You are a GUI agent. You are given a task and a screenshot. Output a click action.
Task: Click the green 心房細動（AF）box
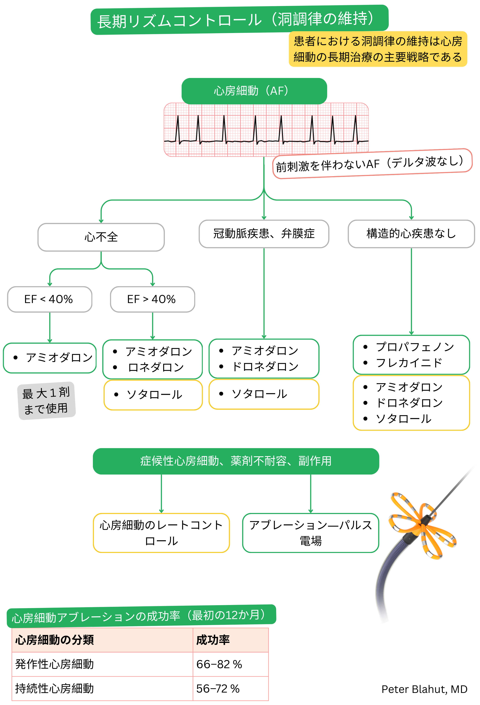pyautogui.click(x=254, y=91)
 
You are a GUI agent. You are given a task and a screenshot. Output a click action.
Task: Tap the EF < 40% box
pyautogui.click(x=50, y=299)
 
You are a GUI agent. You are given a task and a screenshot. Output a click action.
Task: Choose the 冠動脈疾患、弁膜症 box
pyautogui.click(x=264, y=234)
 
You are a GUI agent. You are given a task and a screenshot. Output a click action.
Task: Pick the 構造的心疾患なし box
pyautogui.click(x=411, y=234)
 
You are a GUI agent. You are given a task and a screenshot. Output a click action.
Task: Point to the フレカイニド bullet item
pyautogui.click(x=409, y=362)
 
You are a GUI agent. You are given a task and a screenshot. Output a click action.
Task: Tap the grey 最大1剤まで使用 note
pyautogui.click(x=46, y=401)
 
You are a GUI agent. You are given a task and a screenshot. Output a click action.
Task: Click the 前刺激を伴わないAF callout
pyautogui.click(x=372, y=164)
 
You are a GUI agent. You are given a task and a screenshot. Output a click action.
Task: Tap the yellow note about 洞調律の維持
pyautogui.click(x=378, y=49)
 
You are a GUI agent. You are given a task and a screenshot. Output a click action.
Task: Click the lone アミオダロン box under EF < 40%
pyautogui.click(x=50, y=358)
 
